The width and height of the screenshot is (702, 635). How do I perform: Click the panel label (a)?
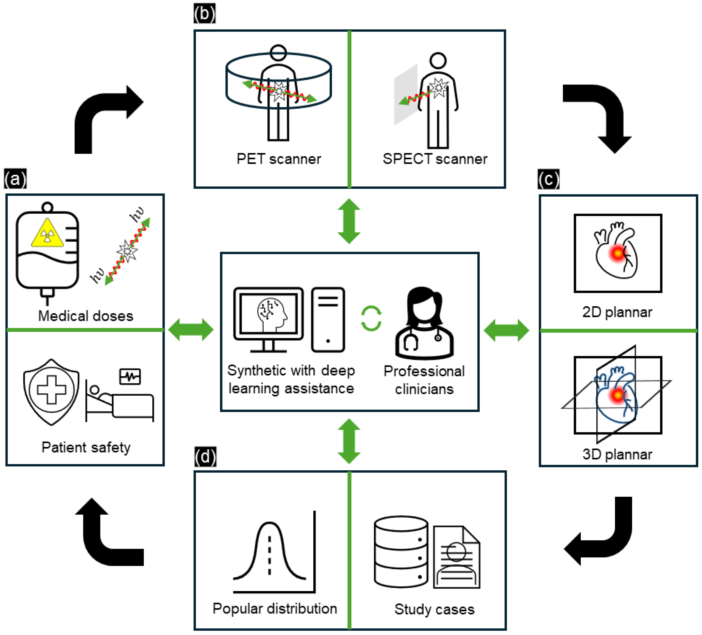pyautogui.click(x=15, y=179)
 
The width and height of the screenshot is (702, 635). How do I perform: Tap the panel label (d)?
pyautogui.click(x=205, y=457)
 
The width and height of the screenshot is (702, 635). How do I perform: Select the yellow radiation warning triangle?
pyautogui.click(x=47, y=233)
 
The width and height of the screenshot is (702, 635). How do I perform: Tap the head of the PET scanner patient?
pyautogui.click(x=278, y=53)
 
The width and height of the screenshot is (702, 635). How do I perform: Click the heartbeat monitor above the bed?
pyautogui.click(x=130, y=376)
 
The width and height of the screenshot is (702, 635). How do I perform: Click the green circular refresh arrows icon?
pyautogui.click(x=371, y=318)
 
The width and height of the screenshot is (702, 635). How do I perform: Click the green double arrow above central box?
pyautogui.click(x=349, y=221)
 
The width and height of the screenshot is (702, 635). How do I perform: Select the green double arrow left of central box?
pyautogui.click(x=191, y=329)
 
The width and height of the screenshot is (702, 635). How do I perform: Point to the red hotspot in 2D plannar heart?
pyautogui.click(x=617, y=253)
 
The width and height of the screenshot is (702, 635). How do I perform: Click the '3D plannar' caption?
pyautogui.click(x=617, y=454)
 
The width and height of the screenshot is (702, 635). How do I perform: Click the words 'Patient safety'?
pyautogui.click(x=86, y=447)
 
